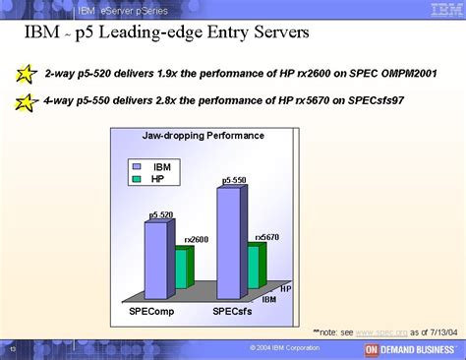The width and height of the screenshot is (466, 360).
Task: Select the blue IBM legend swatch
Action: [138, 167]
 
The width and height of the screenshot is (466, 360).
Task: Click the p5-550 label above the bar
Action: [233, 181]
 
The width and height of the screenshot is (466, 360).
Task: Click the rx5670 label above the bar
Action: [267, 237]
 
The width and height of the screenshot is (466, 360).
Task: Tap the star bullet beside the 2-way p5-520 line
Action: [28, 73]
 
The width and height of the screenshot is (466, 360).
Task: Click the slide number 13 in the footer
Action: [13, 349]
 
